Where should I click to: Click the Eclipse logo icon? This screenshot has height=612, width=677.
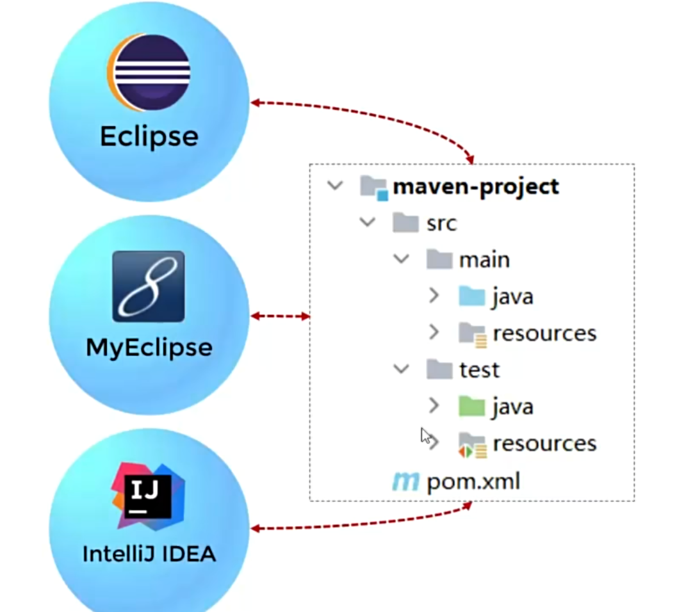click(148, 74)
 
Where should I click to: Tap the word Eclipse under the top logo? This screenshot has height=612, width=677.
click(149, 136)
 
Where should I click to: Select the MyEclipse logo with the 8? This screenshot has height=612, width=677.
click(149, 286)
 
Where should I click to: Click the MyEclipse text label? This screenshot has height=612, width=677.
click(149, 348)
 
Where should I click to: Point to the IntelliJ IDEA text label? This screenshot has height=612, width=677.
click(149, 553)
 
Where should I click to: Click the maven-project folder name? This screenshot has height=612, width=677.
click(476, 187)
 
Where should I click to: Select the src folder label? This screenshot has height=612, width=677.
click(441, 223)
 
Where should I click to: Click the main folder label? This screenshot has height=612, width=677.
click(484, 260)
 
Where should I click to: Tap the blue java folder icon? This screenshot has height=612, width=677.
click(471, 296)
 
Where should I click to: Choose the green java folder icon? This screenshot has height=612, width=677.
click(471, 407)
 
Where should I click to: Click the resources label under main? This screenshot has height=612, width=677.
click(544, 334)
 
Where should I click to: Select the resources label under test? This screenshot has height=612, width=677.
click(544, 444)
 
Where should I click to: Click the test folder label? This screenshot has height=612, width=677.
click(479, 370)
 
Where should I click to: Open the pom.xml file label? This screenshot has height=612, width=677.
click(473, 481)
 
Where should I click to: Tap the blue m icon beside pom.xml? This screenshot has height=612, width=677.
click(405, 481)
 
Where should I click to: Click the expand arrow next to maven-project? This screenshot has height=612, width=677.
click(334, 186)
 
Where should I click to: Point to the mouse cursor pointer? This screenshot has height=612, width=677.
click(425, 435)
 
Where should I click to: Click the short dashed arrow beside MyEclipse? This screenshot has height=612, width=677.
click(281, 316)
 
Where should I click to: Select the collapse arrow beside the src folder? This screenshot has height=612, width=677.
click(368, 223)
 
